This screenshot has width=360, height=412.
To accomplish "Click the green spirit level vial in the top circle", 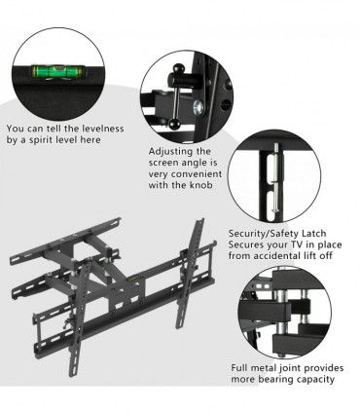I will pyautogui.click(x=55, y=70).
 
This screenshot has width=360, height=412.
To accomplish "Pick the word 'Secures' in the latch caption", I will pyautogui.click(x=248, y=245).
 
